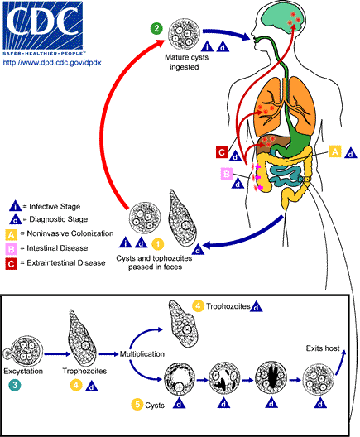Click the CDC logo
tap(44, 26)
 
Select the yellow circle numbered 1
tap(157, 243)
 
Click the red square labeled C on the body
tap(221, 151)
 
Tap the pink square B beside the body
tap(225, 173)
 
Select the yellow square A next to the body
tap(334, 151)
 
